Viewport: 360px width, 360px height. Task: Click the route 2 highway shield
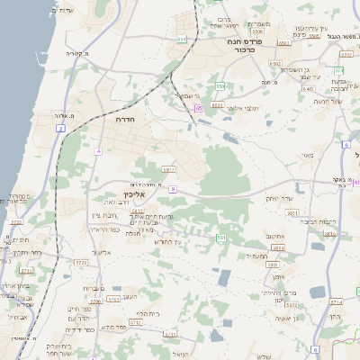click(60, 129)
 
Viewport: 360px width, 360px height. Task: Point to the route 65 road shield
click(197, 108)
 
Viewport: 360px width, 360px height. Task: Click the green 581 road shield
click(220, 238)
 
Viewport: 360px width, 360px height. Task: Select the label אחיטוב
click(275, 237)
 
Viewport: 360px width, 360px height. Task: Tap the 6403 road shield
click(308, 89)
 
